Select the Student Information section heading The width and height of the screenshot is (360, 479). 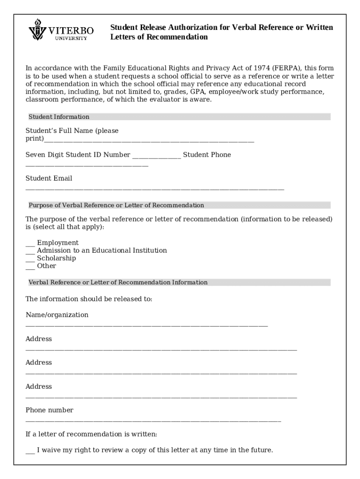click(59, 117)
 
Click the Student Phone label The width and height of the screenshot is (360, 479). click(207, 155)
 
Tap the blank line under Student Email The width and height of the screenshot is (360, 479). click(154, 189)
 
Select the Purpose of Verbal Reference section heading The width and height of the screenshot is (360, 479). click(116, 205)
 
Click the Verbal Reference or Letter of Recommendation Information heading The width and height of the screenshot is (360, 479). click(118, 283)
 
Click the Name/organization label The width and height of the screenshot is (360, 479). click(57, 315)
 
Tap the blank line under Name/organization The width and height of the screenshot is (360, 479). click(146, 325)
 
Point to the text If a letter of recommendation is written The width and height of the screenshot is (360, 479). click(91, 434)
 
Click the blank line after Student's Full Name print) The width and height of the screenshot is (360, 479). click(149, 140)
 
